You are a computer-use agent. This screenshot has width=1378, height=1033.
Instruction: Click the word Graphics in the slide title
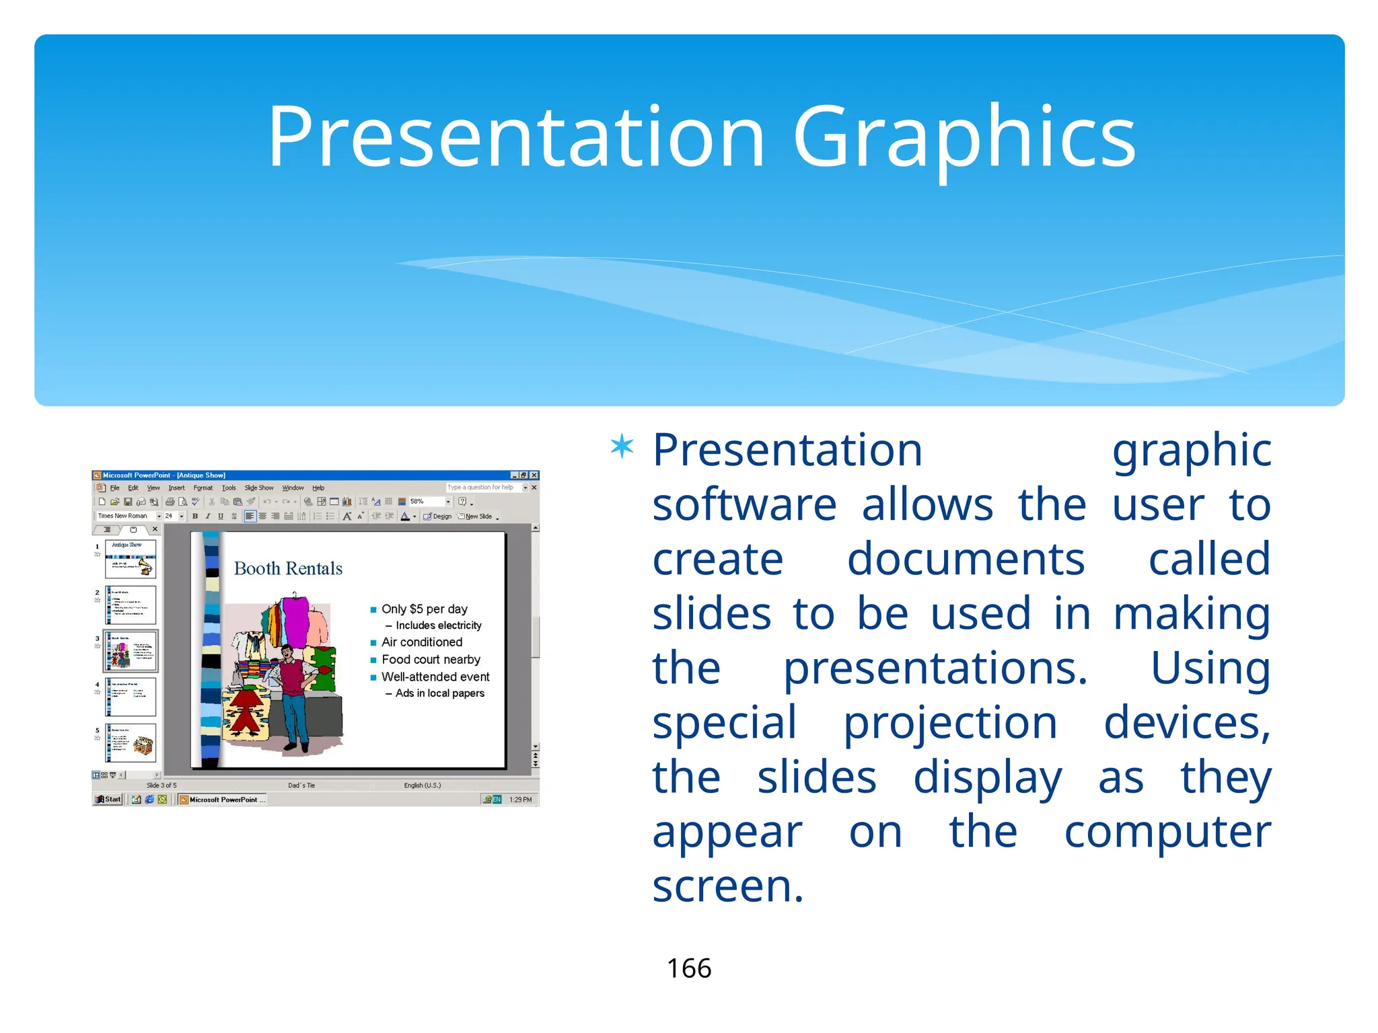click(964, 138)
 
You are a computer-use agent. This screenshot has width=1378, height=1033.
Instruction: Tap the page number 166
click(688, 968)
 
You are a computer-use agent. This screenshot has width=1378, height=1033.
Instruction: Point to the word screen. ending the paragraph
click(728, 886)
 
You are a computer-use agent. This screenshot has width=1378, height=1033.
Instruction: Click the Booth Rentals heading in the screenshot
click(288, 569)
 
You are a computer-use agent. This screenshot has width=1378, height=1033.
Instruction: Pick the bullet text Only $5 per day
click(424, 609)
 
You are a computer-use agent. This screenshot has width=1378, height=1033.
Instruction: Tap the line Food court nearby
click(431, 660)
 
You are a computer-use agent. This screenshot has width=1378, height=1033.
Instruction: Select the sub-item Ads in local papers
click(439, 693)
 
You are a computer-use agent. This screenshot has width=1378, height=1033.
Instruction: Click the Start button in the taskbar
click(108, 800)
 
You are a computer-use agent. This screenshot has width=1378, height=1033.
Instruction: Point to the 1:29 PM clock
click(520, 800)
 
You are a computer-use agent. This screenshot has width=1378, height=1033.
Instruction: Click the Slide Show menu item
click(259, 488)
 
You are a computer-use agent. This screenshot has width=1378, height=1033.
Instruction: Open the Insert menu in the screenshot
click(176, 488)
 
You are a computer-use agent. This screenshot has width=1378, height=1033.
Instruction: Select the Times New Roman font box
click(125, 516)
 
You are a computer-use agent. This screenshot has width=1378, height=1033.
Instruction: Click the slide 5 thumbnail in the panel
click(131, 742)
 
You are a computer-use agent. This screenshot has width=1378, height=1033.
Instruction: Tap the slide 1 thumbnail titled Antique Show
click(131, 560)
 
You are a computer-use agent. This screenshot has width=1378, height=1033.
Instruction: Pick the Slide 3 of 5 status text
click(161, 785)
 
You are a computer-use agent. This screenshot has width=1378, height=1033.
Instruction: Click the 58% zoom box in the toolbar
click(425, 502)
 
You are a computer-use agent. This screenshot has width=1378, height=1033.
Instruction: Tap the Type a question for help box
click(483, 488)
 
